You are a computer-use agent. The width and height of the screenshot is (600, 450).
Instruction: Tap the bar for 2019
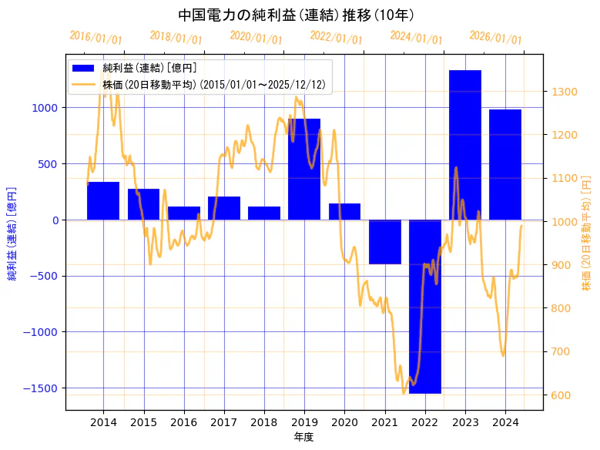(x=304, y=169)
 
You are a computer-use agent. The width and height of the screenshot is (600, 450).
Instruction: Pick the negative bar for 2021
(x=384, y=242)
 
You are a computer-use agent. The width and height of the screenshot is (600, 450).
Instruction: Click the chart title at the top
(x=296, y=15)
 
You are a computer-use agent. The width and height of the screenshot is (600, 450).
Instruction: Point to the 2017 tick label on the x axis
(x=223, y=422)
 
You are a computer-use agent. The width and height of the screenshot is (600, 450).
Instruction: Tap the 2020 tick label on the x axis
(x=344, y=422)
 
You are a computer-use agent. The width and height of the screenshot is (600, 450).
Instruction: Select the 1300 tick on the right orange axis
(x=564, y=92)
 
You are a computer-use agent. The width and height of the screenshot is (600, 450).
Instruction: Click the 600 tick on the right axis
(x=561, y=395)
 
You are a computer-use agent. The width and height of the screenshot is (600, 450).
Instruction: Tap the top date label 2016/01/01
(x=96, y=37)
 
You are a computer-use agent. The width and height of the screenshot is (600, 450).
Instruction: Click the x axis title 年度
(x=303, y=437)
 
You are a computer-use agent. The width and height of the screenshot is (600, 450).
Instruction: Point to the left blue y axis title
(x=12, y=233)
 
